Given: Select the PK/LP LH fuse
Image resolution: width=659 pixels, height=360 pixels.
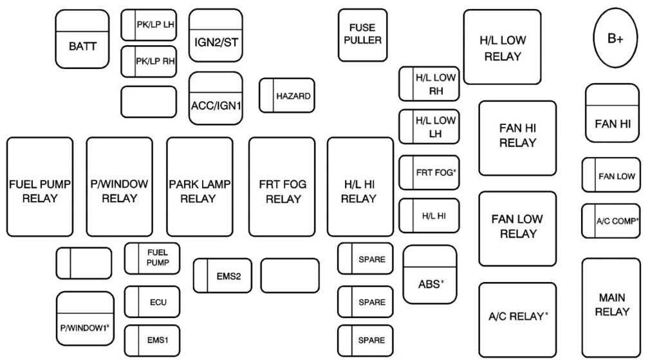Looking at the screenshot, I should pos(149,25).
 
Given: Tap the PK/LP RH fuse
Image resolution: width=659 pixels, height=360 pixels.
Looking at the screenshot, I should pos(149,62).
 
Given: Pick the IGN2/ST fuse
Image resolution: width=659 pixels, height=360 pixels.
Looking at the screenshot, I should pos(216,35).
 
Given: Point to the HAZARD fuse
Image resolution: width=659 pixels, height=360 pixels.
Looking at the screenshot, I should pos(286,96).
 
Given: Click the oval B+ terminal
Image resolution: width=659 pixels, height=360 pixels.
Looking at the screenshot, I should pos(615,39).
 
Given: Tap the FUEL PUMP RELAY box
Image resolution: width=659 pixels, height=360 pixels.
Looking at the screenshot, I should pos(40,187).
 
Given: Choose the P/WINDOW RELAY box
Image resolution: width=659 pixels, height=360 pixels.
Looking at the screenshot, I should pos(119,187).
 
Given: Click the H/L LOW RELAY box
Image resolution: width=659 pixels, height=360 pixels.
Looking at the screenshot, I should pos(503,47).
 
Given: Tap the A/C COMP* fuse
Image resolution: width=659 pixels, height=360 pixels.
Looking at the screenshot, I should pos(611,220).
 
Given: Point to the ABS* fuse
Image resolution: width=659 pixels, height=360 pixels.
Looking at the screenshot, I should pos(429,274).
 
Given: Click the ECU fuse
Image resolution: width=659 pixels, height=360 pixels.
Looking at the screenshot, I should pos(152,301).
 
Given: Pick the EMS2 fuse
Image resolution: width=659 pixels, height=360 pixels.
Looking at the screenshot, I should pos(222,276).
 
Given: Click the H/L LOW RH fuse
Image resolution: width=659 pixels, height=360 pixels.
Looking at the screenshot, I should pos(430,84).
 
